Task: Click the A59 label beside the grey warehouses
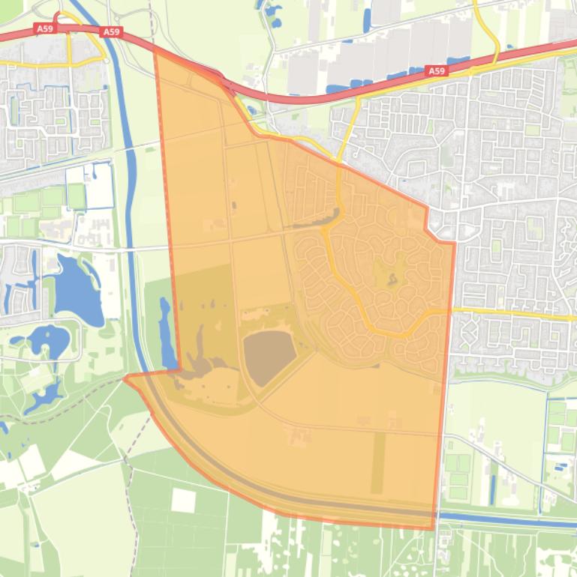[436, 71]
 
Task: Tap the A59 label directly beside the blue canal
[112, 32]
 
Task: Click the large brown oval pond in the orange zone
[268, 355]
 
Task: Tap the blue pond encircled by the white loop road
[46, 342]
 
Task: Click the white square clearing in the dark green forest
[183, 500]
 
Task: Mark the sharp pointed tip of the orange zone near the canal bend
[125, 378]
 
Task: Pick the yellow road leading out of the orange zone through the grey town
[510, 313]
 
